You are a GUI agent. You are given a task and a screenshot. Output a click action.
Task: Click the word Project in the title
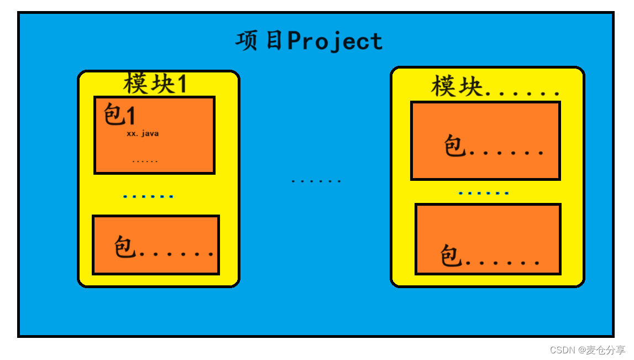(334, 41)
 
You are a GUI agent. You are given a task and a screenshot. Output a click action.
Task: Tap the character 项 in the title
(247, 41)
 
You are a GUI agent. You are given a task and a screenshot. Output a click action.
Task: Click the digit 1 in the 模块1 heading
(181, 84)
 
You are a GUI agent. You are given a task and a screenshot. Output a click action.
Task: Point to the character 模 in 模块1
(135, 84)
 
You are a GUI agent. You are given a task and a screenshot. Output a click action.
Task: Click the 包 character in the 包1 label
(114, 116)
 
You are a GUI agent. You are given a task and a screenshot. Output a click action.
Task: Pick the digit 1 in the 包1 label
(131, 116)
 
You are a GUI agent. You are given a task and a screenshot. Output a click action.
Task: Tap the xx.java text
(143, 133)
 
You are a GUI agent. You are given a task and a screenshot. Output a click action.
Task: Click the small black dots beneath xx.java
(145, 161)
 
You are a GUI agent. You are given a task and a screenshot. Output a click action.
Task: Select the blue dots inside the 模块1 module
(148, 196)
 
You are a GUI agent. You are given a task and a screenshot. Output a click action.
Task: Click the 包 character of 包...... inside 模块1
(125, 247)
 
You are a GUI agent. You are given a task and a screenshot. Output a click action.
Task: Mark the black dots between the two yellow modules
(316, 181)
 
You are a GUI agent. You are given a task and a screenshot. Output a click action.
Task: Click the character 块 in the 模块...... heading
(471, 87)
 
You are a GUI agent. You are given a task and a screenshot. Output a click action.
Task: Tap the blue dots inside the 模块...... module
(484, 194)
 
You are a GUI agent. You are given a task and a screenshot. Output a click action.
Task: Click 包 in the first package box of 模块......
(454, 147)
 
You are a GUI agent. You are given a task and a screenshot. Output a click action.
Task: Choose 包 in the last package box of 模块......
(451, 256)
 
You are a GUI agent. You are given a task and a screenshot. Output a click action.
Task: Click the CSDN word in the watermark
(563, 350)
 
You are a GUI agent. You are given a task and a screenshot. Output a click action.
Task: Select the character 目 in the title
(274, 41)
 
